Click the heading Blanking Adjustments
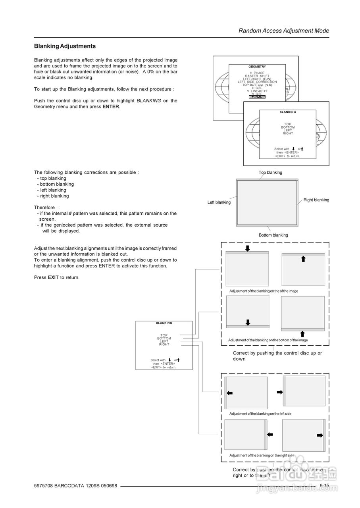[65, 46]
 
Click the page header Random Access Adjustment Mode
[284, 31]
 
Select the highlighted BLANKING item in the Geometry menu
[257, 97]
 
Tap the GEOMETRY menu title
[257, 67]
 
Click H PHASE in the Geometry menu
[257, 73]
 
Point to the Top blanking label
[270, 173]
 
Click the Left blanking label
[219, 202]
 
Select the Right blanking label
[316, 200]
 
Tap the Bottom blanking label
[273, 235]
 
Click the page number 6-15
[324, 486]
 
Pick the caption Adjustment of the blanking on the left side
[260, 414]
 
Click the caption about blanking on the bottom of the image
[268, 341]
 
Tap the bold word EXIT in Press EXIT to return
[53, 277]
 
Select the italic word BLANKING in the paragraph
[149, 101]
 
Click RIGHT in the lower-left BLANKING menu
[164, 344]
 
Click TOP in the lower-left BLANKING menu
[164, 335]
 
